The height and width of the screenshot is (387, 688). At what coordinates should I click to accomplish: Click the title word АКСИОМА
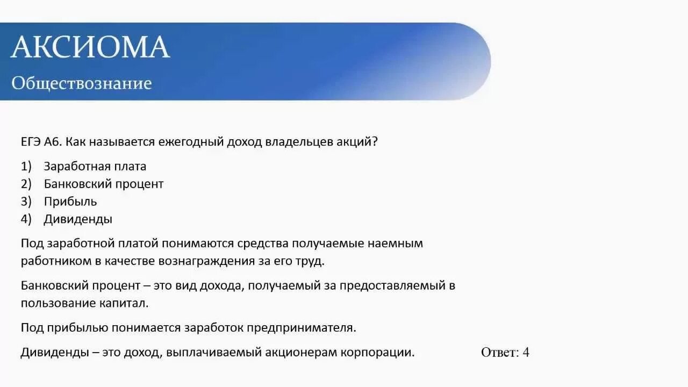(90, 47)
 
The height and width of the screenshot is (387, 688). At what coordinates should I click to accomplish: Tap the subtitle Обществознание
(82, 83)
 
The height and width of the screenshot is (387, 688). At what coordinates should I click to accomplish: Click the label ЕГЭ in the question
(31, 142)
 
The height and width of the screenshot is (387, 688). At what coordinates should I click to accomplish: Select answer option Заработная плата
(95, 167)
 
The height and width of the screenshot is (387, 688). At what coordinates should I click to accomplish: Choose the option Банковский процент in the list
(104, 184)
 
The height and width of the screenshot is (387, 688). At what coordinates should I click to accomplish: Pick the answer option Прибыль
(70, 202)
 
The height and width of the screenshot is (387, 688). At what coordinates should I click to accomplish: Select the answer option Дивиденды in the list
(78, 219)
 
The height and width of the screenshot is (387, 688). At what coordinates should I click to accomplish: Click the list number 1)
(27, 167)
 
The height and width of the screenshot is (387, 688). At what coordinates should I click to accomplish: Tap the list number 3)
(27, 202)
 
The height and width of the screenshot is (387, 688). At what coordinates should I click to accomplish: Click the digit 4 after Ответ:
(526, 353)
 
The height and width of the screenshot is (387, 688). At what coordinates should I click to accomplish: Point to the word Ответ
(499, 353)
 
